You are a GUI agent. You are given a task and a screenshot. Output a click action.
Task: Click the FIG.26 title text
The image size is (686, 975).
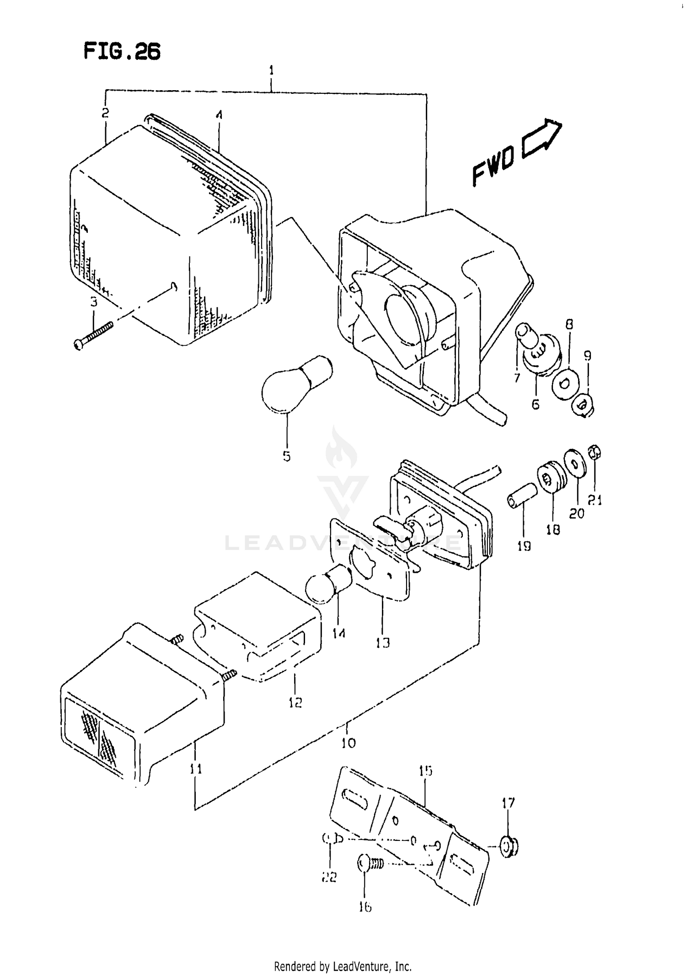pyautogui.click(x=122, y=52)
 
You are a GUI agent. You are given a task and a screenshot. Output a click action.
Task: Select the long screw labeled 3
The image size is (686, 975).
pyautogui.click(x=93, y=335)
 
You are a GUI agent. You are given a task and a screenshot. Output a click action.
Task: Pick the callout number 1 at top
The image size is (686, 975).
pyautogui.click(x=271, y=70)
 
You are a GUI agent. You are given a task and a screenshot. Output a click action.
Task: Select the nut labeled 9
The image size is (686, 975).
pyautogui.click(x=583, y=404)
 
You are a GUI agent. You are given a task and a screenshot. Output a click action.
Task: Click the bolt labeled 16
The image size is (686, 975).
pyautogui.click(x=370, y=864)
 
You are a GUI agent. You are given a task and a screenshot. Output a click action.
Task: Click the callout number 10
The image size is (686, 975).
pyautogui.click(x=348, y=742)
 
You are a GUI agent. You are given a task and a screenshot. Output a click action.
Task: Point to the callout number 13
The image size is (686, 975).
pyautogui.click(x=382, y=643)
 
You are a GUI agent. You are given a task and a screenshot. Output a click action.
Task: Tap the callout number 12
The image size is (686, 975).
pyautogui.click(x=295, y=702)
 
